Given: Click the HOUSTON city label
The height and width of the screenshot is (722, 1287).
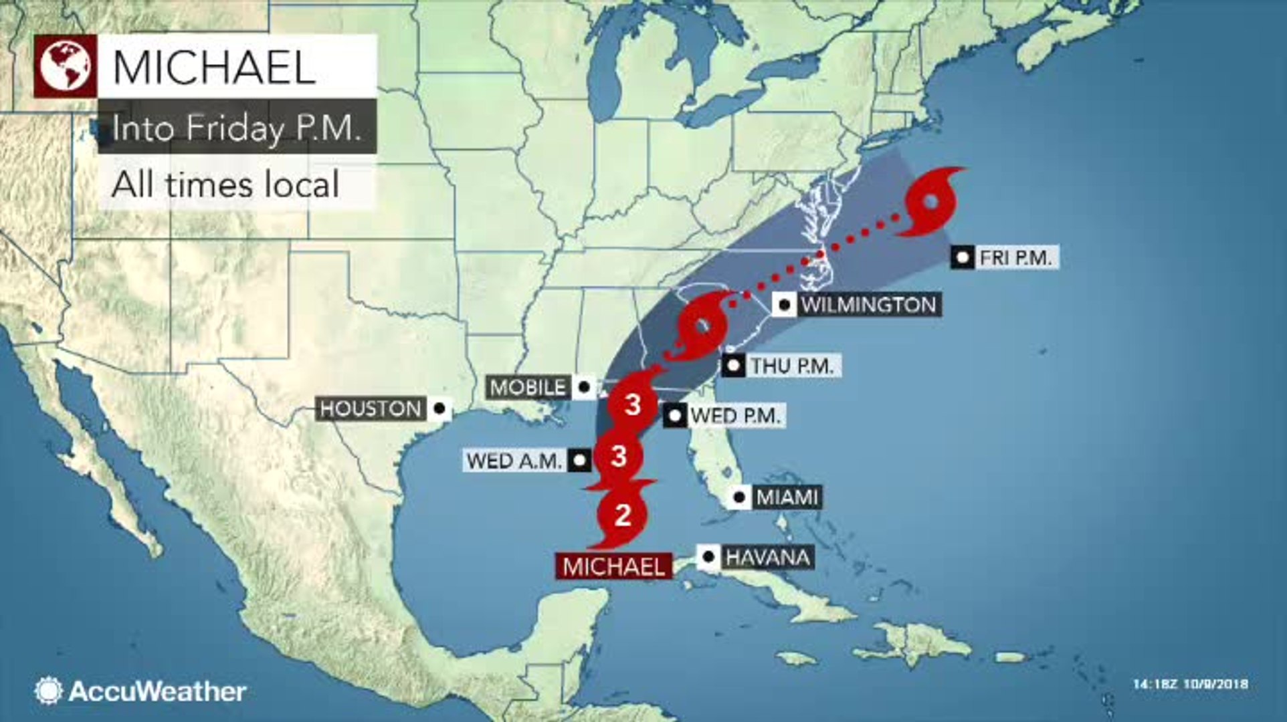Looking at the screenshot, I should [x=370, y=408].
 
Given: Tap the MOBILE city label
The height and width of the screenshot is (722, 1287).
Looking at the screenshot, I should [x=528, y=387].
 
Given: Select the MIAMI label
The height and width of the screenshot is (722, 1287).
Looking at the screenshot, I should [x=787, y=497].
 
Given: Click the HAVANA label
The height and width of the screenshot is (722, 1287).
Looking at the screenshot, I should [x=767, y=557].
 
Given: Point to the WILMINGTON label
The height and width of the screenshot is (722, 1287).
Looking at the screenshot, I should [x=869, y=305].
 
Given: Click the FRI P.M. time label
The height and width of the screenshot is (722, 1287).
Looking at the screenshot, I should [x=1015, y=257].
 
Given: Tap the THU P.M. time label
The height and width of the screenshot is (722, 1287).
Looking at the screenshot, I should [x=791, y=366].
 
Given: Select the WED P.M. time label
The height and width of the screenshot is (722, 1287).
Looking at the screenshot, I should [x=735, y=416].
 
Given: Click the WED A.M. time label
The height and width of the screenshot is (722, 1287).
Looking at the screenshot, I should [x=514, y=461].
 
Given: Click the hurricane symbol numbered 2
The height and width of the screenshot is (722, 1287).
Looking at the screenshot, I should [x=623, y=515].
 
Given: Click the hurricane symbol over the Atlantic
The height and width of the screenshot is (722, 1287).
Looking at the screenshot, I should [x=930, y=202].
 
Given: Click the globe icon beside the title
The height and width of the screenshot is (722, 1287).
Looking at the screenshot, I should [x=65, y=66].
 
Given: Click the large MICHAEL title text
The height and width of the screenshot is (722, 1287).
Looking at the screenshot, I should [x=214, y=67].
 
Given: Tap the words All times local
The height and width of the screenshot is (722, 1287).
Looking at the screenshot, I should [x=225, y=184].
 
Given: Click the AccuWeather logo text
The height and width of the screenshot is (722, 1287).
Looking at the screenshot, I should [x=157, y=691].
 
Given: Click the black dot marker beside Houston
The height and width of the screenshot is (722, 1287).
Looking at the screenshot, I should [x=439, y=408].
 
